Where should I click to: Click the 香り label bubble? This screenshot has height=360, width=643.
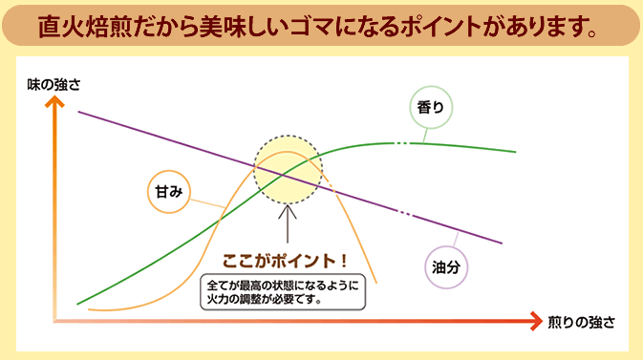(430, 107)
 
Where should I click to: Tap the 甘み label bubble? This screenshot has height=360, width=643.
(165, 190)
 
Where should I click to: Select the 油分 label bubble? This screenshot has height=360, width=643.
(445, 267)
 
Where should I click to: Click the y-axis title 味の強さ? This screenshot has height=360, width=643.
(54, 84)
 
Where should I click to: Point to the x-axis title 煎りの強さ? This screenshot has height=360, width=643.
(581, 322)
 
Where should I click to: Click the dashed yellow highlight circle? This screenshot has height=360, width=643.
(288, 168)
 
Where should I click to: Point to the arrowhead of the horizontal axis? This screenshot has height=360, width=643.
(534, 323)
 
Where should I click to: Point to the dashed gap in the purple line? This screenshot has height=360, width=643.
(408, 211)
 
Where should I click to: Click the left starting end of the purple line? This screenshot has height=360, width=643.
(78, 112)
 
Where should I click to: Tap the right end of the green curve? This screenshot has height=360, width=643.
(516, 152)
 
